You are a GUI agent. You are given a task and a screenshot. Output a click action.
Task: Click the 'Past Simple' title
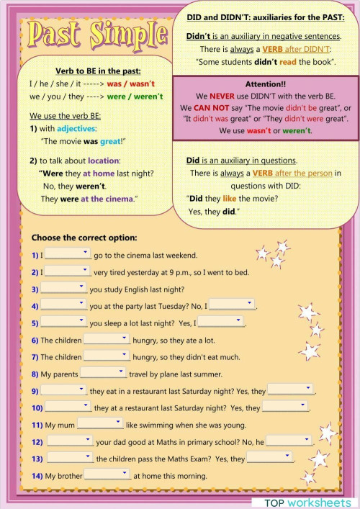click(x=101, y=32)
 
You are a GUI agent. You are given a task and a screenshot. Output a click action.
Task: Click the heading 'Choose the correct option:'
click(x=84, y=238)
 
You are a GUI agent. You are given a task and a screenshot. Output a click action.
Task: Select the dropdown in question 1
click(x=68, y=253)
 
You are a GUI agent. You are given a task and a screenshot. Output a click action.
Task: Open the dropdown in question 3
click(x=63, y=288)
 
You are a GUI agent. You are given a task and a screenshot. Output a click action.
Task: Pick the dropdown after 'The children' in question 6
click(x=106, y=339)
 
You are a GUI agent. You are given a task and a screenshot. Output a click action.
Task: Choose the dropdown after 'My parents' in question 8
click(x=103, y=373)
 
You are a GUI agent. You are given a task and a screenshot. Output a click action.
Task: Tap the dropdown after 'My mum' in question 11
click(x=100, y=423)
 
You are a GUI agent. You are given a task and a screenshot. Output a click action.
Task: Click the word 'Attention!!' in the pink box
click(x=266, y=84)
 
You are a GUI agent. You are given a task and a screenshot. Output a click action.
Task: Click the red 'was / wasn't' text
click(x=131, y=84)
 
